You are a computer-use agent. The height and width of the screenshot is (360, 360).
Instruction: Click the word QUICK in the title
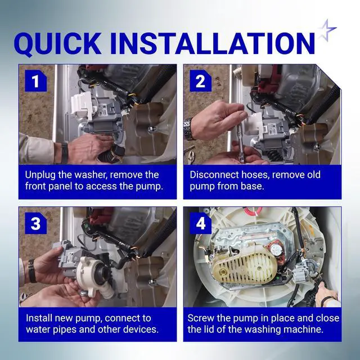[x=57, y=44]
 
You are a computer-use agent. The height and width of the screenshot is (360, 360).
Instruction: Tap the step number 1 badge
[x=36, y=81]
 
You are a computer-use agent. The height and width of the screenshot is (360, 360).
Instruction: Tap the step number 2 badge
[x=201, y=81]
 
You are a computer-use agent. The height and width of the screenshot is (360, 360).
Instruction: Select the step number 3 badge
[x=36, y=223]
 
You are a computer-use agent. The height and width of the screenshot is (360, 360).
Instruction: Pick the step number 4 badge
[x=201, y=223]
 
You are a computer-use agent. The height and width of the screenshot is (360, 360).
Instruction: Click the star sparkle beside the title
[x=327, y=30]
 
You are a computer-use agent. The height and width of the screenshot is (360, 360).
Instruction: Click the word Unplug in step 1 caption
[x=40, y=175]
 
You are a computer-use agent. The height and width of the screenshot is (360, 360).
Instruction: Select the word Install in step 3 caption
[x=39, y=318]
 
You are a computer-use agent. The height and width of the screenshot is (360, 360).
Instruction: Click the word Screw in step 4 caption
[x=201, y=318]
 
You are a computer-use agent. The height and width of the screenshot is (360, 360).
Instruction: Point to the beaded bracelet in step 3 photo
[x=31, y=271]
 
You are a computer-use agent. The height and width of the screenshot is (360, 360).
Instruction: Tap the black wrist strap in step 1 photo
[x=65, y=153]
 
